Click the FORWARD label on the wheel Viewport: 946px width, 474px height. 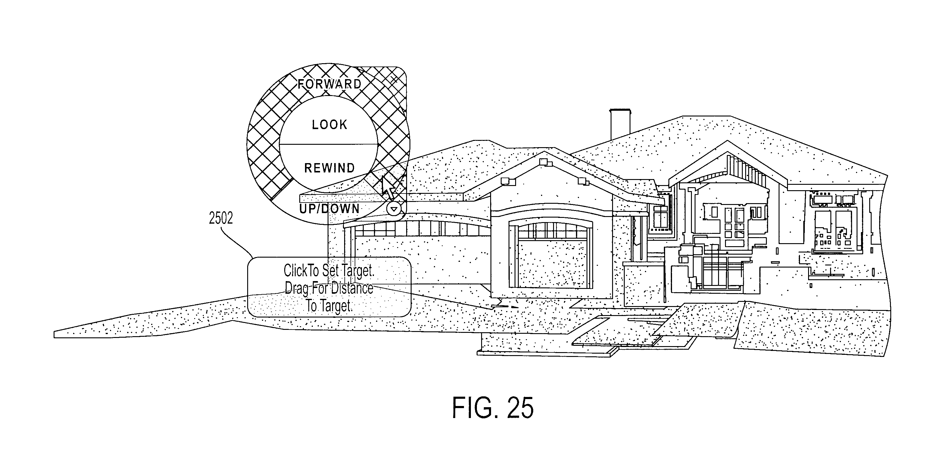click(x=329, y=84)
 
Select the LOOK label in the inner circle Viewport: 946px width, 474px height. click(x=329, y=125)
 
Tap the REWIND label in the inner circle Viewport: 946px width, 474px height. click(x=329, y=168)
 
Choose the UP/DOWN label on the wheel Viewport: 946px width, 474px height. click(x=329, y=209)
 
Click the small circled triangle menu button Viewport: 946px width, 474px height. click(x=394, y=209)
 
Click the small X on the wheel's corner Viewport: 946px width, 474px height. click(x=394, y=79)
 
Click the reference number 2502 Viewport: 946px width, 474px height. click(x=221, y=218)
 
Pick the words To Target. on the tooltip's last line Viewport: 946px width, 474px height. click(x=329, y=305)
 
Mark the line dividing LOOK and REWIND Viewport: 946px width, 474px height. click(x=329, y=144)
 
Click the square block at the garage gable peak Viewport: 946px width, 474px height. click(x=543, y=162)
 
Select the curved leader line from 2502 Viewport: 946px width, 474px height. click(x=237, y=240)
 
